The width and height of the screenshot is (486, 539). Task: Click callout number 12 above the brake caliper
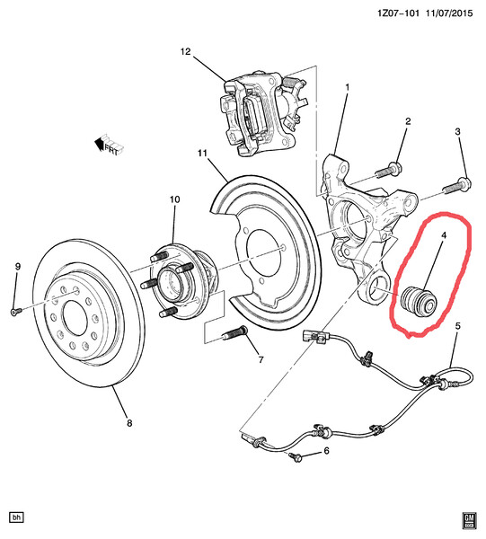[x=185, y=51]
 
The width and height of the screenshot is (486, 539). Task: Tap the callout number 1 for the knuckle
[x=348, y=88]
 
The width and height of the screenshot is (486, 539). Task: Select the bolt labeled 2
[x=388, y=170]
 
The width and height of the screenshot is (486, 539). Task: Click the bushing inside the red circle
[x=419, y=301]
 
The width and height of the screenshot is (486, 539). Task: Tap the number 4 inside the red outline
[x=444, y=235]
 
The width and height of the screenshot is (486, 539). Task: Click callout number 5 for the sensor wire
[x=457, y=326]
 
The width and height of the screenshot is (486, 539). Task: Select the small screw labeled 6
[x=296, y=457]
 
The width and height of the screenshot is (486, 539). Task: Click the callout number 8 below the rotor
[x=129, y=423]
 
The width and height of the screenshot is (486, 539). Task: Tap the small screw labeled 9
[x=14, y=312]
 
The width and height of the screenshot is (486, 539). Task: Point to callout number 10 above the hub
[x=174, y=199]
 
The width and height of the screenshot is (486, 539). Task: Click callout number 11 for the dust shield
[x=202, y=153]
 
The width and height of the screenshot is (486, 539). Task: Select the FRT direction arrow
[x=109, y=145]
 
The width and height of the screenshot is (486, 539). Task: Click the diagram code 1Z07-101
[x=398, y=13]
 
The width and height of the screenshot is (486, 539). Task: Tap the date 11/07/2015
[x=449, y=13]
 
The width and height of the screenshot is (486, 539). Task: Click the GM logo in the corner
[x=469, y=521]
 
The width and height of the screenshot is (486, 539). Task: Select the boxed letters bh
[x=16, y=517]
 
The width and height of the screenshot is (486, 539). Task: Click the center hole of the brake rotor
[x=75, y=318]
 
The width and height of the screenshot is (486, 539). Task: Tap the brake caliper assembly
[x=263, y=112]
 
